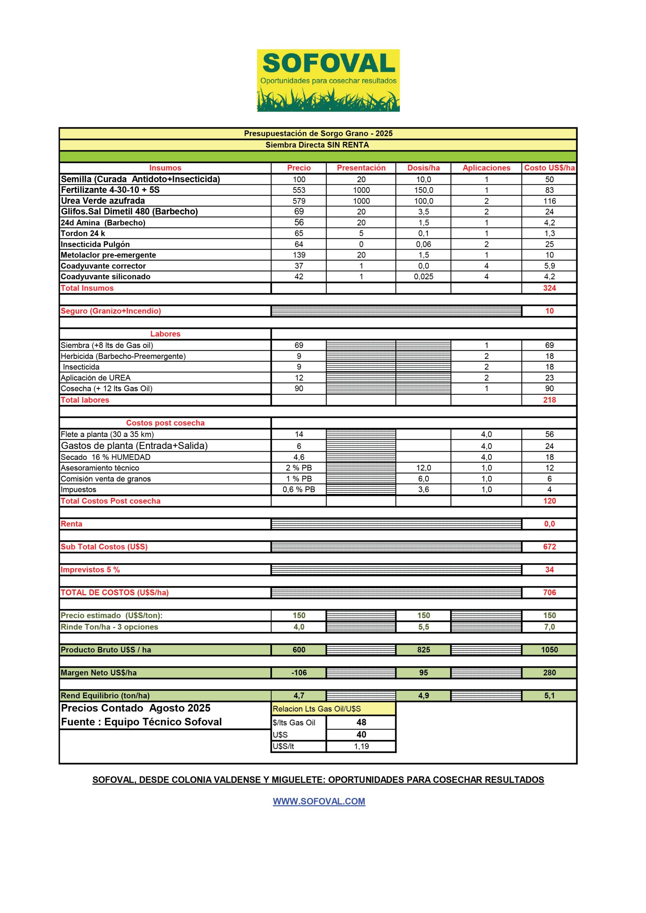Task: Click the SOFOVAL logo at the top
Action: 328,80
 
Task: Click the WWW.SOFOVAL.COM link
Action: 319,801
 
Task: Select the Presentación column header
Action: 361,168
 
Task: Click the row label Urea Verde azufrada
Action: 103,201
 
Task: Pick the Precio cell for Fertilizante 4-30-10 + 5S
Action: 299,190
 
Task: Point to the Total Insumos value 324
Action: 549,288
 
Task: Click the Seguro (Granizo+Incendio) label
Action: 111,311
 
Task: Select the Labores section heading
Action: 165,333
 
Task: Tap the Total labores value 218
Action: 549,400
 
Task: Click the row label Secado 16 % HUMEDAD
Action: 106,457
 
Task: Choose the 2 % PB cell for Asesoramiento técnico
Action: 299,468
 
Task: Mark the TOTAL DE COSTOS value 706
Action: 549,592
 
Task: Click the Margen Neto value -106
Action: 299,672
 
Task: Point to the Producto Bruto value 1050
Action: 549,650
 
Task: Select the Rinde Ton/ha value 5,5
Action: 424,627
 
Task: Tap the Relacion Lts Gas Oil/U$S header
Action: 317,709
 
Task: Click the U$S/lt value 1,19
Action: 361,746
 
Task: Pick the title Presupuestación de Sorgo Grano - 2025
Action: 318,134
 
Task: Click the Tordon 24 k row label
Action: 83,233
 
